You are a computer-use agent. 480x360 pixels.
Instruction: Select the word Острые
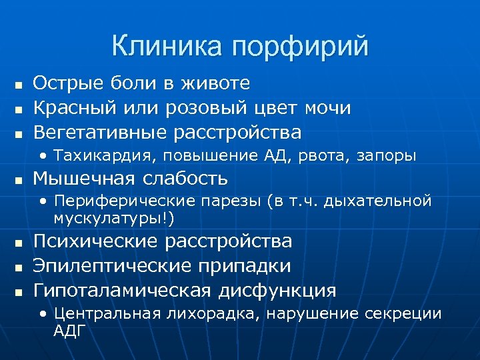(x=66, y=83)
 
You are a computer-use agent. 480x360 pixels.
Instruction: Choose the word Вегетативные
(x=100, y=131)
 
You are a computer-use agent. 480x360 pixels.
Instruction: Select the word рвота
(x=318, y=155)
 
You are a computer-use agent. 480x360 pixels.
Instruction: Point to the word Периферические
(x=123, y=201)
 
